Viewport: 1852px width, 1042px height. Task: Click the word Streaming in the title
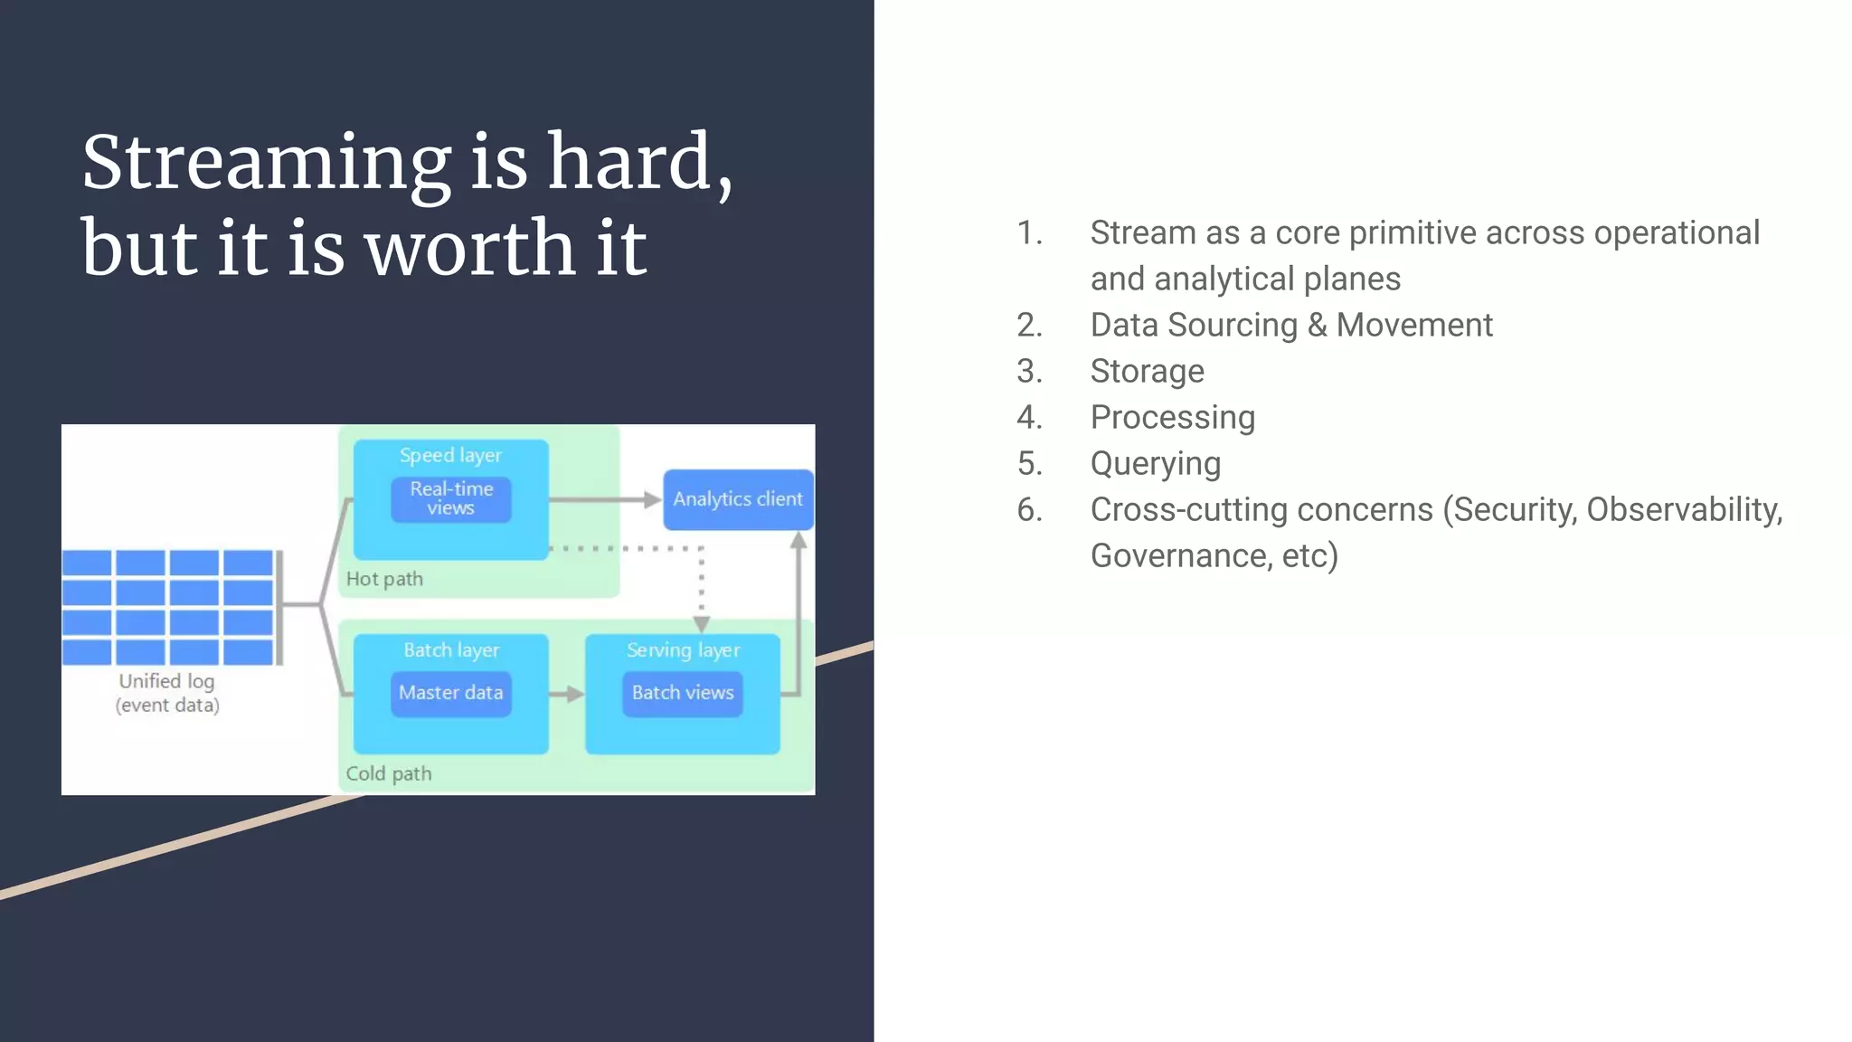coord(266,163)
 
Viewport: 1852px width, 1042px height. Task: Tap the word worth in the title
coord(469,248)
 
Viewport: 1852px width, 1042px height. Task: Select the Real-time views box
coord(451,498)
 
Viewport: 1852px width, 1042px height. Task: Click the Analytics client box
coord(738,499)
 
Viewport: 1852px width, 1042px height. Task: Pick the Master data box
coord(451,693)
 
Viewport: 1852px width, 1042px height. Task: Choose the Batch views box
coord(683,693)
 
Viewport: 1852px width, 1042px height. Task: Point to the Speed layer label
coord(450,456)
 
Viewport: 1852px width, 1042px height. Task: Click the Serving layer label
coord(683,650)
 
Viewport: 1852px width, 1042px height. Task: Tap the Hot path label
coord(384,579)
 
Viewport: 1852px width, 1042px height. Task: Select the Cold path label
coord(389,773)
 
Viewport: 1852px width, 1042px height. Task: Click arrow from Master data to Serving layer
coord(567,695)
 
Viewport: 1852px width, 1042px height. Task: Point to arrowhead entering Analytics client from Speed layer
coord(652,499)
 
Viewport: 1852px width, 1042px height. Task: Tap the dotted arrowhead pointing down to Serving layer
coord(702,624)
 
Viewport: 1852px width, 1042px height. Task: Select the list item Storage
coord(1147,371)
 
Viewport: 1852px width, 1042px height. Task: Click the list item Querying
coord(1155,463)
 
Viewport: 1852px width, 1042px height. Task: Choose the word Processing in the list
coord(1172,417)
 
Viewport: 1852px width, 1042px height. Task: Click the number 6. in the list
coord(1029,509)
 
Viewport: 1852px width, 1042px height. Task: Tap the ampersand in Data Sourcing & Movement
coord(1317,325)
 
